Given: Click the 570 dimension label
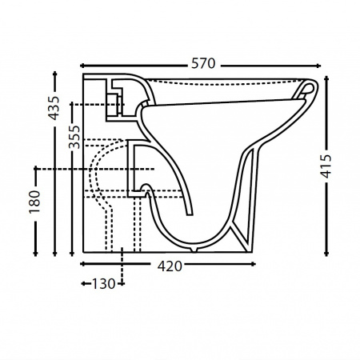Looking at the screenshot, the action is (203, 64).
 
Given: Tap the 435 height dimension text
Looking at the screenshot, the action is (54, 108).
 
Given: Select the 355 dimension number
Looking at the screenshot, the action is (74, 137).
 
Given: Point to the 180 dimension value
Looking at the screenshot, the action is (35, 202).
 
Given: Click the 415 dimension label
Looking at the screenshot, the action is (326, 166).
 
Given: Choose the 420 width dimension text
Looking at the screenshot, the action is (170, 266).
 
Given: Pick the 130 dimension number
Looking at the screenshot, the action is (103, 284).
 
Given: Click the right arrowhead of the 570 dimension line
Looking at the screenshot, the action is (318, 66).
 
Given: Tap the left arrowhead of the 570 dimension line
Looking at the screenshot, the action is (82, 66).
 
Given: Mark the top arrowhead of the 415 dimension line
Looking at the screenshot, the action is (326, 78).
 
